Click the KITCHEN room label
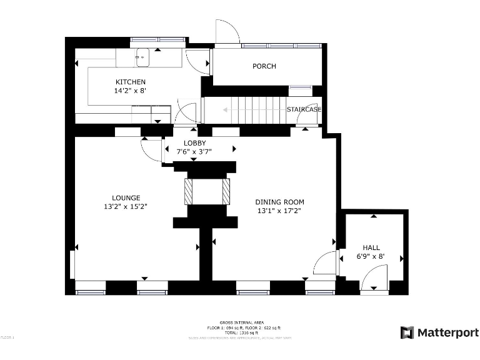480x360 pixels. point(131,82)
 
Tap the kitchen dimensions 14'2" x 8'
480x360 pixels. point(130,91)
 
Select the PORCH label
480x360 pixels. point(264,66)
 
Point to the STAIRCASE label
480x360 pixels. point(304,109)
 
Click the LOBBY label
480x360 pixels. point(194,143)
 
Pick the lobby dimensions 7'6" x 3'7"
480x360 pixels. point(194,151)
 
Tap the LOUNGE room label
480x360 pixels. point(126,197)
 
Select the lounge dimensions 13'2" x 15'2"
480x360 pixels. point(126,206)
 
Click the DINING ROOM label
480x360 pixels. point(279,202)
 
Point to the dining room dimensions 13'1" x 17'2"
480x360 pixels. point(279,211)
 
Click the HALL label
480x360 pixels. point(371,247)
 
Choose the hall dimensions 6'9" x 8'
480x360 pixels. point(371,256)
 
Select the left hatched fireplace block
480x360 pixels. point(189,191)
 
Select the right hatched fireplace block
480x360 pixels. point(226,191)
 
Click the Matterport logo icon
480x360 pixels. point(407,332)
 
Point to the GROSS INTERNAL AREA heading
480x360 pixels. point(240,322)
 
